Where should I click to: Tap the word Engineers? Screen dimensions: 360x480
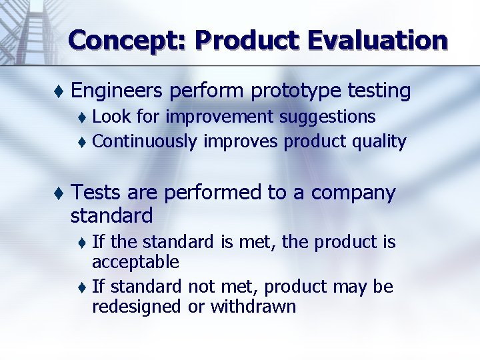tap(117, 90)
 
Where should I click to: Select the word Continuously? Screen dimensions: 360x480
tap(145, 141)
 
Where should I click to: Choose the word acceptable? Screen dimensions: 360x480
tap(135, 261)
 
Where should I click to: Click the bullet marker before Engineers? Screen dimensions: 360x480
tap(59, 91)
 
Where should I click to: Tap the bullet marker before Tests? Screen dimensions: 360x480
tap(59, 193)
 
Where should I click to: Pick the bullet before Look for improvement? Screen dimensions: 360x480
tap(81, 118)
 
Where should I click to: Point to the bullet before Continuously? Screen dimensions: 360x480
tap(81, 142)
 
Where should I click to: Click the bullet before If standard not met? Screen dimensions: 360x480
tap(81, 287)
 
